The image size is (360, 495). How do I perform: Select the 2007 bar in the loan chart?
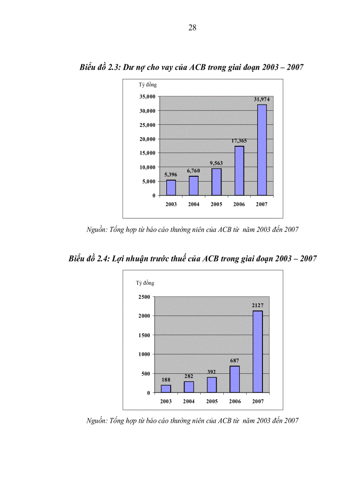(262, 150)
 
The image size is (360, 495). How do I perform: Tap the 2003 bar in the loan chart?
(171, 188)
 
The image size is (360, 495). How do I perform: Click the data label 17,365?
(238, 141)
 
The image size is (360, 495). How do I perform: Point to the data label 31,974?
(261, 99)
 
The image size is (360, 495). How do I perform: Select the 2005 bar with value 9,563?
(216, 182)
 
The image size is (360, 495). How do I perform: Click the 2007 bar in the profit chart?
(258, 352)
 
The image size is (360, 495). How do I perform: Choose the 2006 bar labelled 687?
(234, 379)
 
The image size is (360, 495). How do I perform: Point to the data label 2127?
(258, 305)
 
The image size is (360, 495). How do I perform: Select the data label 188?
(166, 380)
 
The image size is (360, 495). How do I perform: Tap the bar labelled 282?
(189, 387)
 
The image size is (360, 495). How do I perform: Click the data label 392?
(212, 372)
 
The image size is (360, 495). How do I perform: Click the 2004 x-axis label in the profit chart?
(189, 402)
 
